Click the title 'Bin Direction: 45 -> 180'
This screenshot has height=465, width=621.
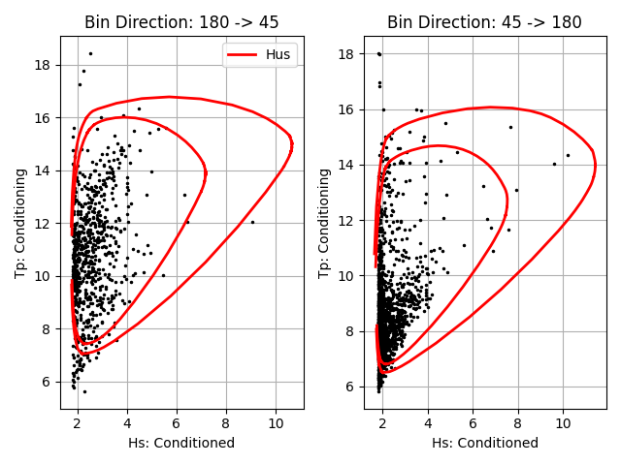(x=485, y=22)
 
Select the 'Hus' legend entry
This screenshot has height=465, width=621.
(x=278, y=55)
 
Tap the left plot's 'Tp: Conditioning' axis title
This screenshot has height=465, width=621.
(x=21, y=223)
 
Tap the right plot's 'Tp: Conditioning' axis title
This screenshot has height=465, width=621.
(x=325, y=223)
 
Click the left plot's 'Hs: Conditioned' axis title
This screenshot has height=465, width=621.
(x=181, y=444)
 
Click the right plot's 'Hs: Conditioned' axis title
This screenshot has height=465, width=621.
(x=485, y=444)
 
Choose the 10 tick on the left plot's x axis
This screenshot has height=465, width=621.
(x=276, y=422)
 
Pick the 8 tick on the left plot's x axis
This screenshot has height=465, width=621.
(x=226, y=422)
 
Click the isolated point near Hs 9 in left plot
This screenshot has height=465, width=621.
(x=252, y=222)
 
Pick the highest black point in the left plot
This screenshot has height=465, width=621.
(x=90, y=53)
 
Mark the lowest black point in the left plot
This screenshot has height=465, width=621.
(x=84, y=391)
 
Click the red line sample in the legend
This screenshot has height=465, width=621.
(x=245, y=55)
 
